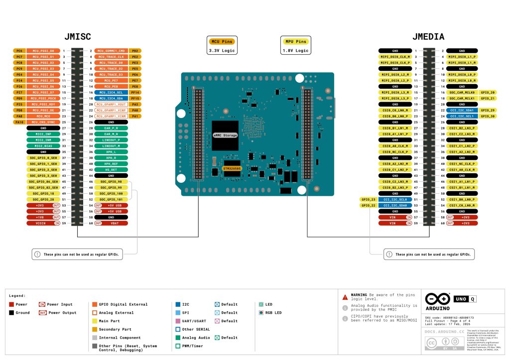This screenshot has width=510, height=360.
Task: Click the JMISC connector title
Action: [77, 36]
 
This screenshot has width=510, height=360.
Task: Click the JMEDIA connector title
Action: [428, 36]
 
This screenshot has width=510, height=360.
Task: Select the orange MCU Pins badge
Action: [222, 41]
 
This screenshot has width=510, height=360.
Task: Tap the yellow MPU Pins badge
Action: [294, 41]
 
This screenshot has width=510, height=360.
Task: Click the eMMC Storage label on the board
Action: [225, 135]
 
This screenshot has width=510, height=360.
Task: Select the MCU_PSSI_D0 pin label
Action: [43, 51]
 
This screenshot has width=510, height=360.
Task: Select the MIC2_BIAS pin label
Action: [43, 146]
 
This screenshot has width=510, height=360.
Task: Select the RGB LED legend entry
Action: [274, 313]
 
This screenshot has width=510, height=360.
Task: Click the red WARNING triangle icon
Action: [345, 297]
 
